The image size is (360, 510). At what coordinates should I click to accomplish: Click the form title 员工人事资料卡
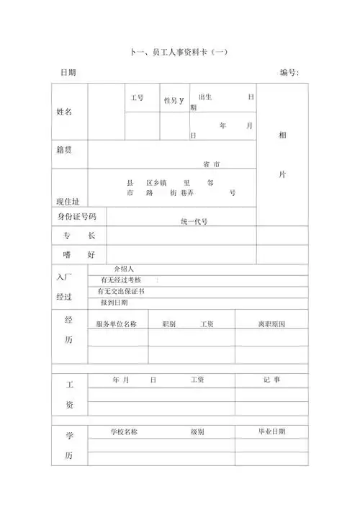[179, 52]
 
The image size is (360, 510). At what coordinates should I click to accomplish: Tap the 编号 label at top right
[289, 73]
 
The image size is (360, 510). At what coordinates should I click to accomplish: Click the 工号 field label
[137, 97]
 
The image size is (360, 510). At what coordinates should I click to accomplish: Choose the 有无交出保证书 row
[122, 292]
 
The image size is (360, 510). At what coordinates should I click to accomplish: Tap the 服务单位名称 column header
[117, 325]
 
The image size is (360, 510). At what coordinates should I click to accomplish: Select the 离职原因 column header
[272, 325]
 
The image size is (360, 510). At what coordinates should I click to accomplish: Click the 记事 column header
[272, 380]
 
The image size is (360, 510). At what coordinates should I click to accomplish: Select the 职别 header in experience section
[170, 325]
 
